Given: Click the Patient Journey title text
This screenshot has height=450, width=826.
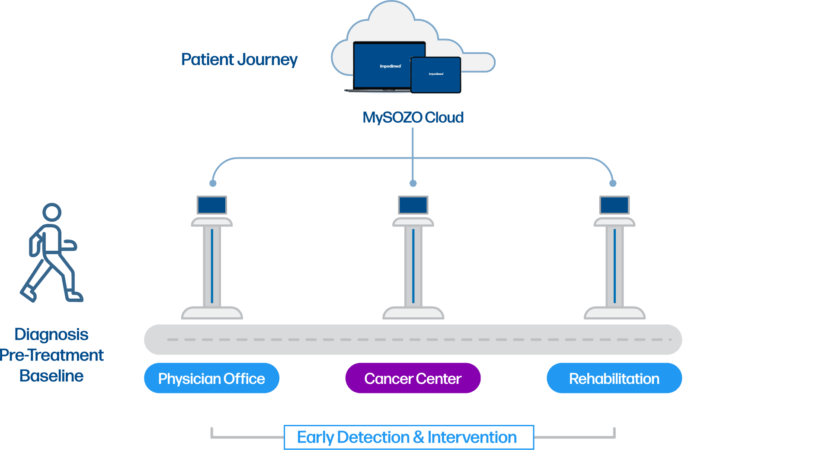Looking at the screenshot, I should point(239,60).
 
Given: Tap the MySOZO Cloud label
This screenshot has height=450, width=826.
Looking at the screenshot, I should point(413,118).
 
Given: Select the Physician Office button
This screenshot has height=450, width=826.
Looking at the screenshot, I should point(211,379).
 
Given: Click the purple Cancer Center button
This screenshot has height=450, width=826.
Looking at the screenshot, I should point(413,379).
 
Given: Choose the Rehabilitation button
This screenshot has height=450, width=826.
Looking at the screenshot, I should point(614,379).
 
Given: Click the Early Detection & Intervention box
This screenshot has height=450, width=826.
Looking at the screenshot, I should point(408,437).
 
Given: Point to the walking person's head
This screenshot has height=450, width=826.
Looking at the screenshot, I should point(52,212).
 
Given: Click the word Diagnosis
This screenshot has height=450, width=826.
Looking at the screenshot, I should point(51,335).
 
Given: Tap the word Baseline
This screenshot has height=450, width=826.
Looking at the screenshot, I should point(51,376).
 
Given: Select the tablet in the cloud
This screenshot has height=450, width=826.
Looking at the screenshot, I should point(436,75).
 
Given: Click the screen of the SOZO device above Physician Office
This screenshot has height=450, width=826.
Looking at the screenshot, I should point(212,205).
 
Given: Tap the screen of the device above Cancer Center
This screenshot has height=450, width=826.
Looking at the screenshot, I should point(413,205).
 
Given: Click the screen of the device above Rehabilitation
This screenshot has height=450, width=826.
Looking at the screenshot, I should point(615,205).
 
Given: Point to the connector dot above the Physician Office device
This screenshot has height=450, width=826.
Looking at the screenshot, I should point(213,183).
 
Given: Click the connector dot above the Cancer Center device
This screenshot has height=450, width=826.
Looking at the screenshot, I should point(413,183).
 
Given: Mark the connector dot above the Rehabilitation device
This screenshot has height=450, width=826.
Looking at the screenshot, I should point(613,183).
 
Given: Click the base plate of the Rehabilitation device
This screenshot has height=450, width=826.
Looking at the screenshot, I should point(615,313).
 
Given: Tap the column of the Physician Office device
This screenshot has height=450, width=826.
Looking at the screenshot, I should point(212,266).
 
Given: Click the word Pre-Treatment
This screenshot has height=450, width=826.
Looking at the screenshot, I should point(52,355).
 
